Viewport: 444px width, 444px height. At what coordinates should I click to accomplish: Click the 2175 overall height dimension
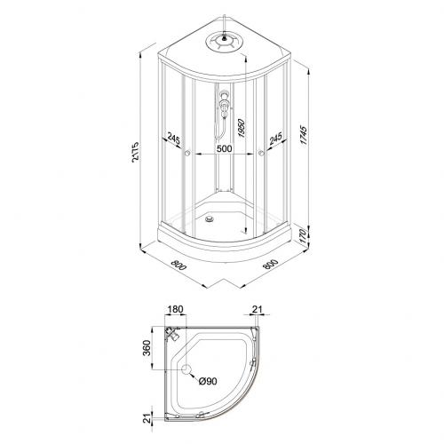(135, 153)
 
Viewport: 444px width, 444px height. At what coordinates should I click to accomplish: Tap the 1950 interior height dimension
(242, 128)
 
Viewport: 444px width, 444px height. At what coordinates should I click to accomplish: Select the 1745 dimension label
(304, 135)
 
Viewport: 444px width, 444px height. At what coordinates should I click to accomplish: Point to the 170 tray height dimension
(302, 236)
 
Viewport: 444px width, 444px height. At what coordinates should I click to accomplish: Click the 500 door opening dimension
(224, 148)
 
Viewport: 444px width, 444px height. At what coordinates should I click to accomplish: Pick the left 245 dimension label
(174, 139)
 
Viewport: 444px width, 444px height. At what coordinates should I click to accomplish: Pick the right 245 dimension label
(275, 139)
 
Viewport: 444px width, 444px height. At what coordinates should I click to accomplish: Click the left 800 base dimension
(178, 265)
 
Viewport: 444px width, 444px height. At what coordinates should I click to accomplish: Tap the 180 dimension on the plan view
(176, 309)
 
